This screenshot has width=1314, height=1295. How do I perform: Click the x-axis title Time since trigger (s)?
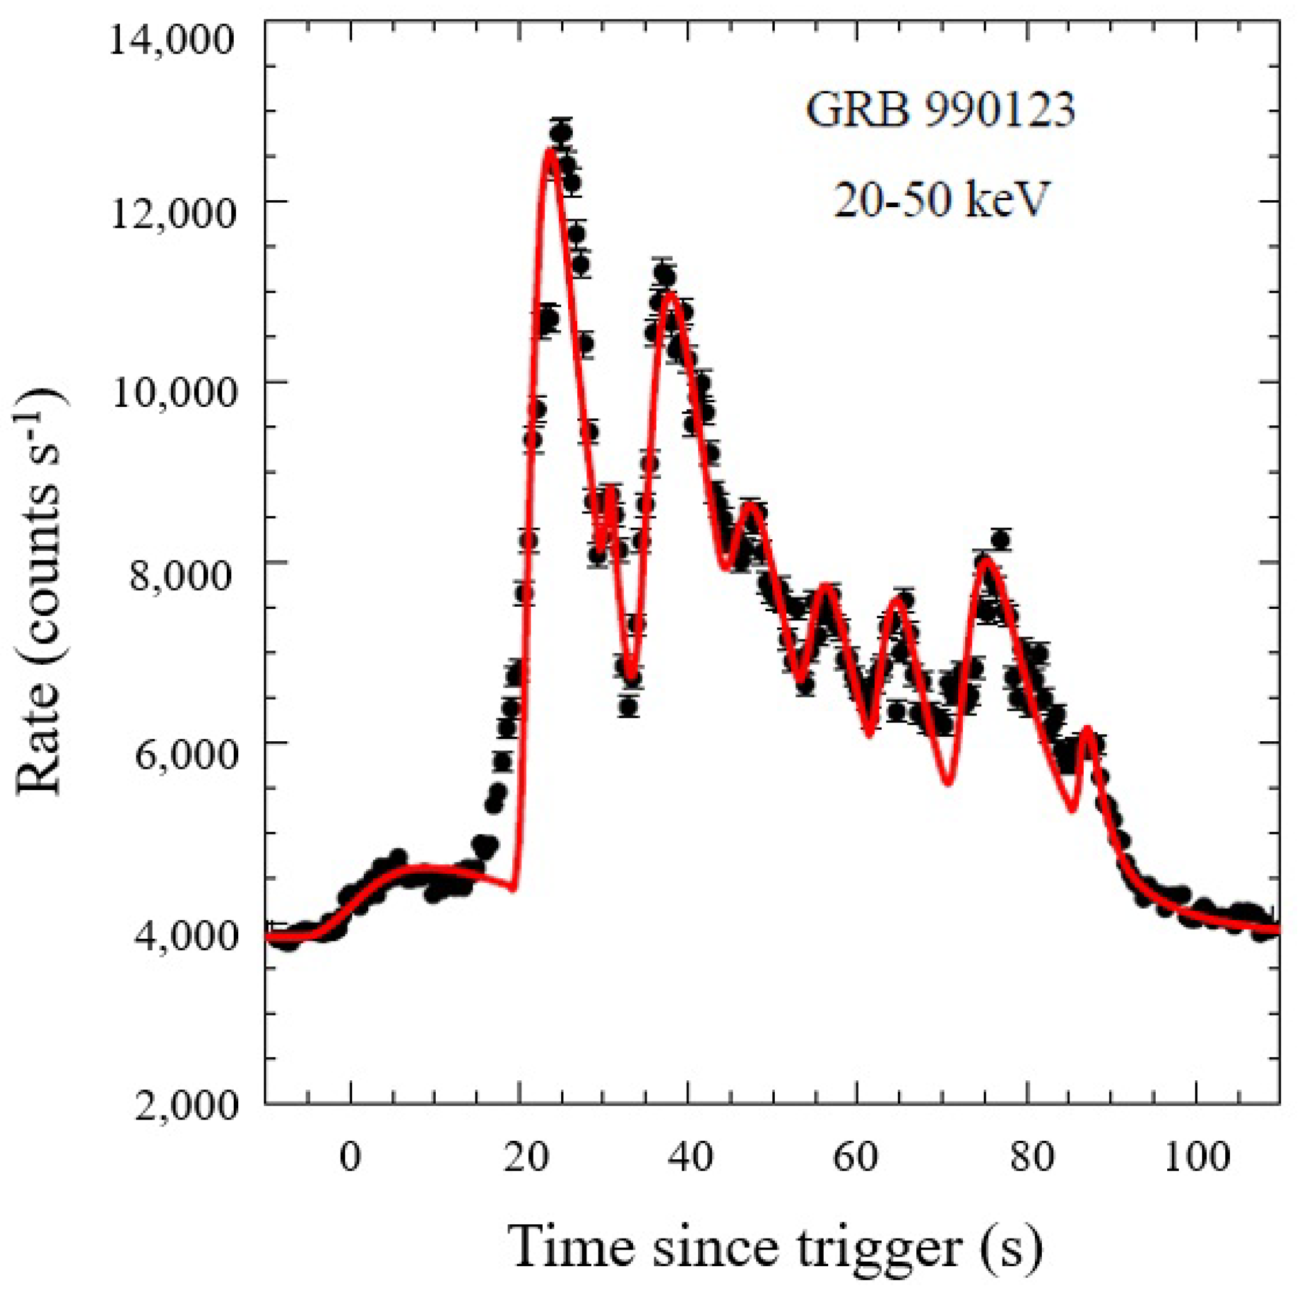[x=776, y=1247]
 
